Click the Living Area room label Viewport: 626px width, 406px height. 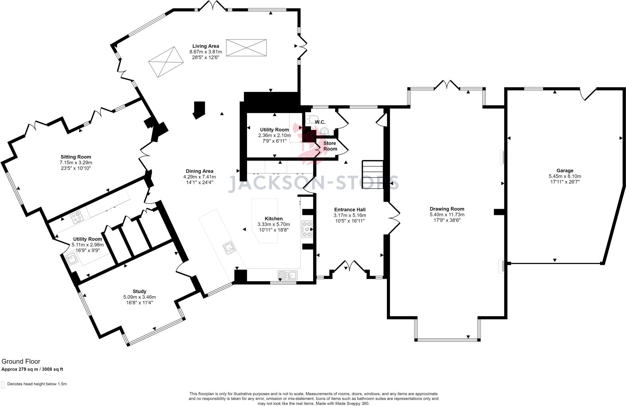[x=205, y=46]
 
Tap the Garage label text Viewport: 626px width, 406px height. [x=565, y=171]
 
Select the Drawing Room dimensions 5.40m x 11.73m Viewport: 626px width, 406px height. [x=447, y=215]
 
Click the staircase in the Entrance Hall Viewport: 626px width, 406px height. [x=373, y=175]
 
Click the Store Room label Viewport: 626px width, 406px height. [x=330, y=146]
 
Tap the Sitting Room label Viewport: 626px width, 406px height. [x=76, y=157]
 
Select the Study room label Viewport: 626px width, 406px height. [x=139, y=291]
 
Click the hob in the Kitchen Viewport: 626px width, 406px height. [x=307, y=229]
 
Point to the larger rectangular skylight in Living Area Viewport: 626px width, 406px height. [x=246, y=48]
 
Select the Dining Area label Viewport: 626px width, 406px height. [x=200, y=171]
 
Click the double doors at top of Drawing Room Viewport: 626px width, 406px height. [x=447, y=84]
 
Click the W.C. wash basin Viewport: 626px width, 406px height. [x=325, y=132]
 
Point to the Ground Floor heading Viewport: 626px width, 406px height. [x=21, y=362]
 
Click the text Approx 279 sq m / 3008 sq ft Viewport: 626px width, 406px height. [x=32, y=369]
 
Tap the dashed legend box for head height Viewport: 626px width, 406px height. [x=3, y=384]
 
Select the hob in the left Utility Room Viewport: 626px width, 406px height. [x=77, y=217]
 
